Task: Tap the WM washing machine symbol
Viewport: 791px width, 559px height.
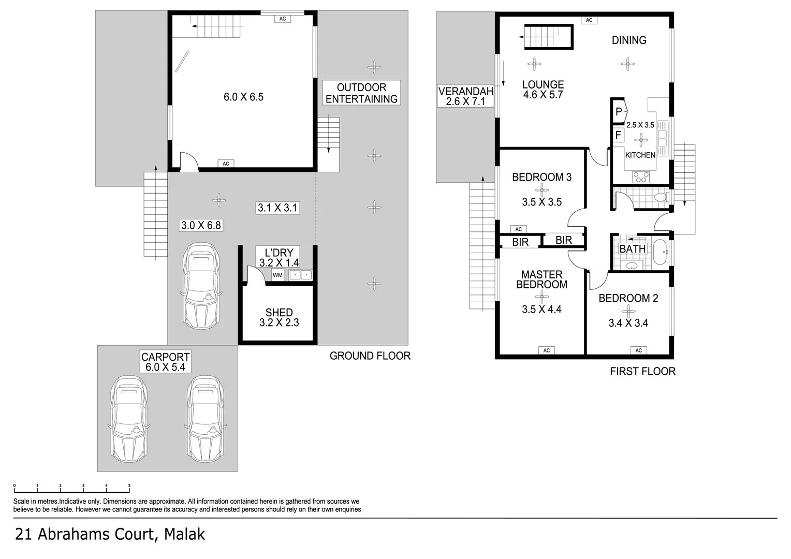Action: click(x=277, y=275)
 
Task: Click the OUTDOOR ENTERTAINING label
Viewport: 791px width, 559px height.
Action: click(x=361, y=93)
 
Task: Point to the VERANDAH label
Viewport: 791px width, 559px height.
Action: click(x=465, y=96)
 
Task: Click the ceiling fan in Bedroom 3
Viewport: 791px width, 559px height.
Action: click(x=541, y=189)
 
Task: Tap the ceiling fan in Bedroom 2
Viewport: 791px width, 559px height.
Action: click(x=628, y=311)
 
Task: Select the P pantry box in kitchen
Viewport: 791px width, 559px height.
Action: click(x=619, y=112)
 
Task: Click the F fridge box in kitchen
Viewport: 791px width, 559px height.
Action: click(x=618, y=136)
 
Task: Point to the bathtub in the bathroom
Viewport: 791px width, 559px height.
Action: click(x=661, y=252)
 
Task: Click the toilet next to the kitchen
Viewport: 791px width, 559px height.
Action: click(x=660, y=197)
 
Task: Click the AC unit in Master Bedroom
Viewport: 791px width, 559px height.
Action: click(x=547, y=350)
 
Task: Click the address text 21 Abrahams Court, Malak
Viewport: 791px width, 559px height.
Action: click(x=110, y=534)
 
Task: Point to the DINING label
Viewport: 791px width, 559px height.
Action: click(x=629, y=40)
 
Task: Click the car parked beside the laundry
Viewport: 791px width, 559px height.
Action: click(x=201, y=287)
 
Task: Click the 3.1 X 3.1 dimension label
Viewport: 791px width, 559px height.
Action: click(x=278, y=208)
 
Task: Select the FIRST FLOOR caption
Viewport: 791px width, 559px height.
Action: click(x=642, y=371)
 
